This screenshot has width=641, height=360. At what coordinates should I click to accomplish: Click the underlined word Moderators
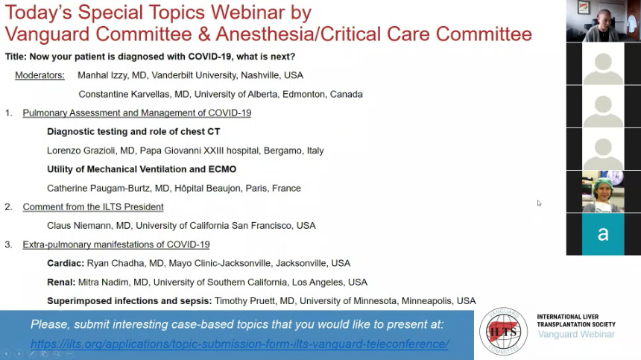point(40,75)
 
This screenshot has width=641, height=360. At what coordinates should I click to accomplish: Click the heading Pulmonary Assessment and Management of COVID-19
point(137,113)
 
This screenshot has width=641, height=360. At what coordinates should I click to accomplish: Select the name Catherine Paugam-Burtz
point(100,189)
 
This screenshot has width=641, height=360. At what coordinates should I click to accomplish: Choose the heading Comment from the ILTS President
point(93,207)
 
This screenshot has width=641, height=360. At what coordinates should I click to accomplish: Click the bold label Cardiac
point(66,263)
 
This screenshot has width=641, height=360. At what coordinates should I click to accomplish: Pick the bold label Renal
point(61,282)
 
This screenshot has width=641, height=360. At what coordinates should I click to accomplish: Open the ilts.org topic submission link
point(239,344)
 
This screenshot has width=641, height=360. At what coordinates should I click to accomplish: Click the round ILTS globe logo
point(503,332)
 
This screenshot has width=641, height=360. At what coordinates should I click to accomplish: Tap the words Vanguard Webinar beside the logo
point(576,335)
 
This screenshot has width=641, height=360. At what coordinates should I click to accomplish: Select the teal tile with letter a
point(603,234)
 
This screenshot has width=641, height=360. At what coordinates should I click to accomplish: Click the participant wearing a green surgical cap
point(603,192)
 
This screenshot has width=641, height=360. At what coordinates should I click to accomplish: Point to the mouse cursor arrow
point(539,203)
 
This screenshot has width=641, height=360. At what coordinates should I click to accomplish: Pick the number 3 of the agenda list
point(8,244)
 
